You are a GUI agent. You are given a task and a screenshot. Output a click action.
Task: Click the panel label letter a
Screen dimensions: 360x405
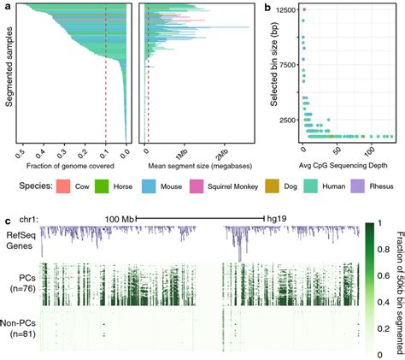(x=7, y=7)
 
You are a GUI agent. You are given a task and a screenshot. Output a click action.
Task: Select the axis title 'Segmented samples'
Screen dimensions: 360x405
(x=9, y=73)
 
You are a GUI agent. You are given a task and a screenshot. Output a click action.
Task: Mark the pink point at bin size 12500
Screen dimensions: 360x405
(x=304, y=10)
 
